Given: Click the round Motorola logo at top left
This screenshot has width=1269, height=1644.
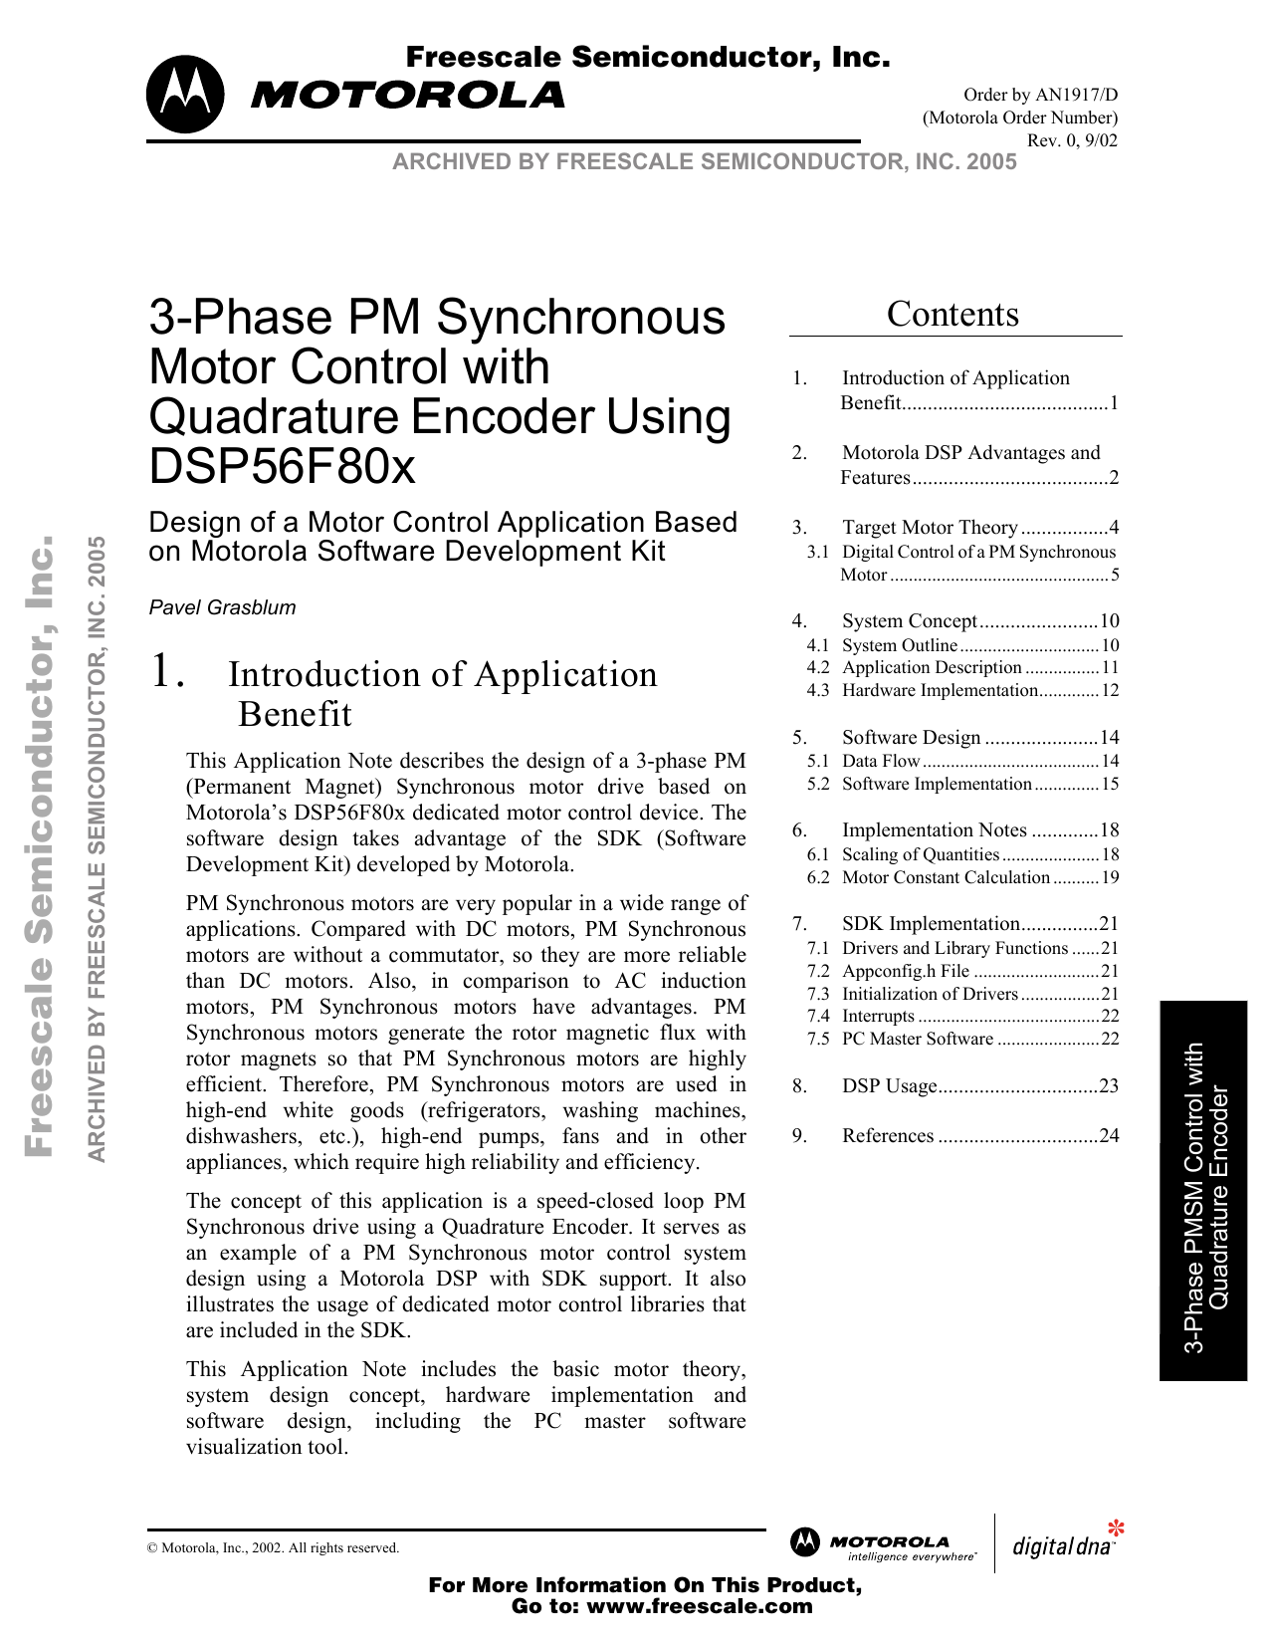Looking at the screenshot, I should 185,95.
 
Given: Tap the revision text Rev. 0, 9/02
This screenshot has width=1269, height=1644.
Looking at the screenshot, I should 1072,140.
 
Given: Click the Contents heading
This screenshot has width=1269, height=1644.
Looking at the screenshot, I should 952,315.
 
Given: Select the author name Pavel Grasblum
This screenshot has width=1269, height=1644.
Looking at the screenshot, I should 222,607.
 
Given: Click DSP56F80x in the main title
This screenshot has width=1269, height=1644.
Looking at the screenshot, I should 282,466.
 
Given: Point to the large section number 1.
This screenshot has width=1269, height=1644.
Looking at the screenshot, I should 166,672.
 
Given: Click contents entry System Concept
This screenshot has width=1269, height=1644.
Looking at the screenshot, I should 909,621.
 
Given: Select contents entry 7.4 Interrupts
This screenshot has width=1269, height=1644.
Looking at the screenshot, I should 877,1016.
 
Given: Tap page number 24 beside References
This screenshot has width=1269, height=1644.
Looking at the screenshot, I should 1109,1136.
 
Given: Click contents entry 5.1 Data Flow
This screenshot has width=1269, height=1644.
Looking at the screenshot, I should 880,761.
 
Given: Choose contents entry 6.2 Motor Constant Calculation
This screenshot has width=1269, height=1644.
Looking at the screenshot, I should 945,877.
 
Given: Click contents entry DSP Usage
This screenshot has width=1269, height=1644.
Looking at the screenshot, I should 889,1086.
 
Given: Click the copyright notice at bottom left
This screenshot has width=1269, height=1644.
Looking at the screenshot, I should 273,1547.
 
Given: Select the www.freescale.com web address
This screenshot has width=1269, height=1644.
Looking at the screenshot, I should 699,1606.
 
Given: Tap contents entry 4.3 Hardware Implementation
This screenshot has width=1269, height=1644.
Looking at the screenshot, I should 939,690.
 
